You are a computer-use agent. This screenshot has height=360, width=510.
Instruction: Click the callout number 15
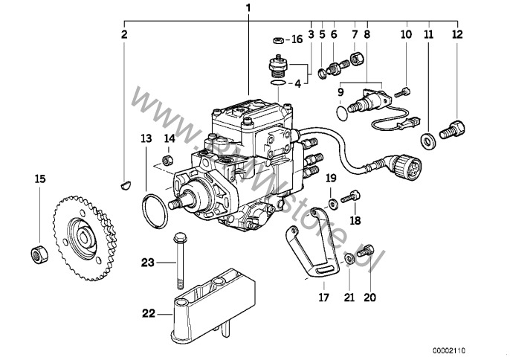tap(39, 179)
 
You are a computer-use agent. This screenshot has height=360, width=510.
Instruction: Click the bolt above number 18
tap(352, 197)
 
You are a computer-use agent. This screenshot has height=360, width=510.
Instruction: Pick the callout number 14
tap(169, 138)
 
